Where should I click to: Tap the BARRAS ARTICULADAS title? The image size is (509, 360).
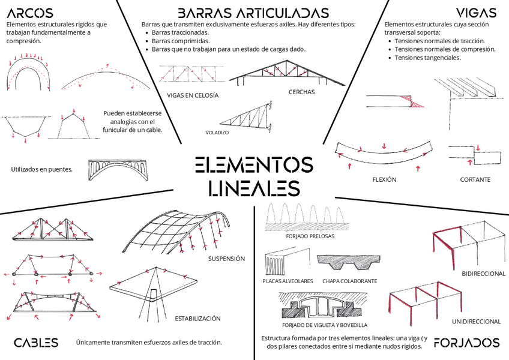253,13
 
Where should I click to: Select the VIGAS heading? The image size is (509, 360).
476,13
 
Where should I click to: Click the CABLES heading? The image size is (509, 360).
36,343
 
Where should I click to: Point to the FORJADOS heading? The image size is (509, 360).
466,343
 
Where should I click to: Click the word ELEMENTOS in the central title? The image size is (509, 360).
254,165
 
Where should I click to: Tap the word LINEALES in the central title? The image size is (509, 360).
254,188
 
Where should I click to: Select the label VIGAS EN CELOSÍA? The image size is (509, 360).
193,95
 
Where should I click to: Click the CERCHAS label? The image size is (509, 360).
301,92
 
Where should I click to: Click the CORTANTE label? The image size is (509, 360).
475,179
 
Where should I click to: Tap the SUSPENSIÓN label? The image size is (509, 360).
226,259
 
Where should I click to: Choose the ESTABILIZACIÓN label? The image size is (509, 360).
197,318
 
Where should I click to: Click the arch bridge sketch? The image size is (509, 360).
118,169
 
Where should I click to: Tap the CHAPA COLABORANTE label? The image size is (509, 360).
349,281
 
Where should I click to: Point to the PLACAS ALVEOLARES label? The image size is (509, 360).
288,281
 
